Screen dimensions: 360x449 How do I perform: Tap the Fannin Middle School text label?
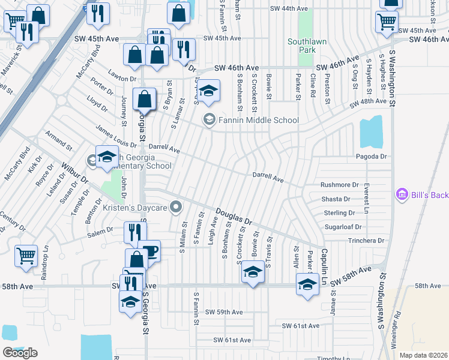259,120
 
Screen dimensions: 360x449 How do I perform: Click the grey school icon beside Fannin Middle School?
209,119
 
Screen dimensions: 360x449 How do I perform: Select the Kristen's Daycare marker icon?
176,208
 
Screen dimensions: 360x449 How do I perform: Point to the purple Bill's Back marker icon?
402,194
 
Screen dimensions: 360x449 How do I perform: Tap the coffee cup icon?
149,251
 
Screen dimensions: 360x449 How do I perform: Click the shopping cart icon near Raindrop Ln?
26,256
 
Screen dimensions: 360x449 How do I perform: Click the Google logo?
20,353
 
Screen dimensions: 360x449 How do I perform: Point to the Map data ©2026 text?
423,355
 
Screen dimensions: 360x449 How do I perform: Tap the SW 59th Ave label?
224,312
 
